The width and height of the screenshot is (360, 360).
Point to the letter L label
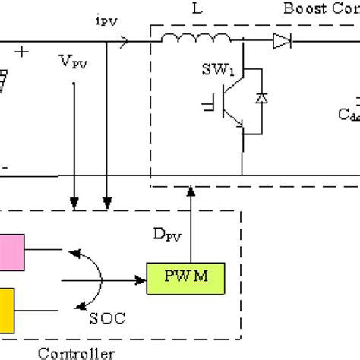pyautogui.click(x=187, y=14)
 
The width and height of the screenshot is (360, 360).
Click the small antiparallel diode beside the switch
pyautogui.click(x=263, y=99)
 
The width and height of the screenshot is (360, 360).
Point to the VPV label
pyautogui.click(x=74, y=58)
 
